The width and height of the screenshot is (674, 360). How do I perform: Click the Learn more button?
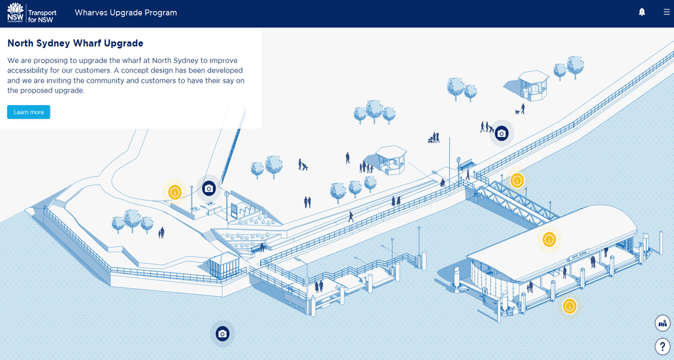click(x=28, y=112)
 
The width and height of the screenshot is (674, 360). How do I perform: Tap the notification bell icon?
click(x=642, y=12)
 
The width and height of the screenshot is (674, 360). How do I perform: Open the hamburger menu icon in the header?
click(x=666, y=12)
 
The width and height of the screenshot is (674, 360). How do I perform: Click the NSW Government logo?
click(x=15, y=13)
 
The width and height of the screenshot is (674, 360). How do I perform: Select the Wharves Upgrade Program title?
click(x=125, y=13)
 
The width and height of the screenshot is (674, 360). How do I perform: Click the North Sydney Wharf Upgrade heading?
click(x=75, y=43)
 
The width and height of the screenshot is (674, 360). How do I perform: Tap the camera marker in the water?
click(x=222, y=334)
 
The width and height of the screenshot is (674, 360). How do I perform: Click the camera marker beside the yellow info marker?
click(x=209, y=188)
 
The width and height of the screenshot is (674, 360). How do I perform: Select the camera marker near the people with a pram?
click(x=501, y=133)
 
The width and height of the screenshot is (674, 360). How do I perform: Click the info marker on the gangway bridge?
click(x=517, y=180)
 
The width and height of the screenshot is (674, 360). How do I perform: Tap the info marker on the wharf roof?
click(x=549, y=239)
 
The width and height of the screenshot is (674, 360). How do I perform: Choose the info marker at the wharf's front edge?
click(x=569, y=307)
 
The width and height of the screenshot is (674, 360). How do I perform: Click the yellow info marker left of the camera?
click(x=174, y=192)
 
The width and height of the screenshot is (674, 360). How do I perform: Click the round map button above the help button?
click(x=662, y=323)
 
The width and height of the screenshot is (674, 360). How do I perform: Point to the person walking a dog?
click(x=522, y=109)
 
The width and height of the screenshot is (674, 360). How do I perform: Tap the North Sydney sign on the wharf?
click(x=579, y=255)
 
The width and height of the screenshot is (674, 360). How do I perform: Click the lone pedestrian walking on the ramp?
click(x=351, y=217)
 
